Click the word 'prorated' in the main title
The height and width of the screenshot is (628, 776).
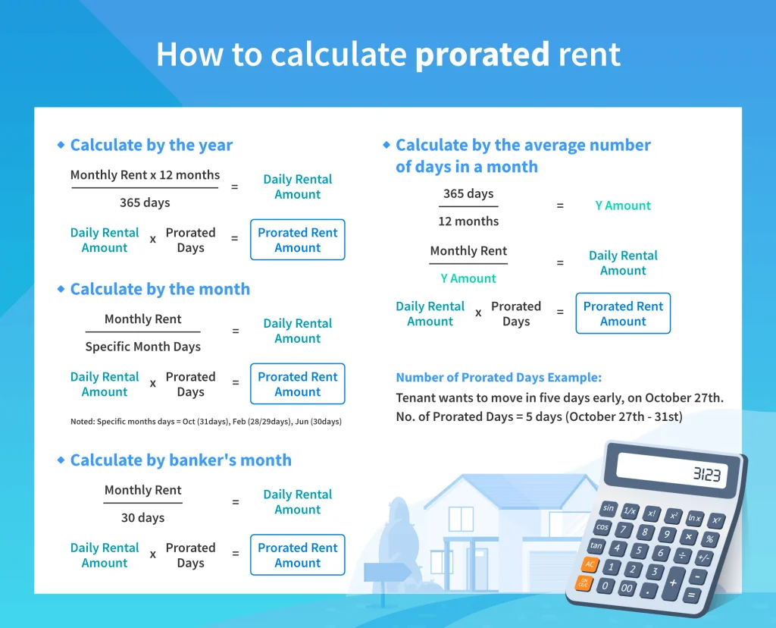tap(482, 55)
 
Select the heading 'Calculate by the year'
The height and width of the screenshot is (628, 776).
tap(151, 145)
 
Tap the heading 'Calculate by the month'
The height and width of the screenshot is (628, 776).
tap(159, 289)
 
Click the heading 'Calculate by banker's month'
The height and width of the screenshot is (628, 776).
tap(180, 460)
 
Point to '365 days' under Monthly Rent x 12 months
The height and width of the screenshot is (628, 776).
tap(145, 203)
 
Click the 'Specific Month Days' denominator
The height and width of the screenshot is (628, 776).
tap(142, 347)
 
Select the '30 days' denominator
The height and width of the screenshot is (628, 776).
tap(142, 518)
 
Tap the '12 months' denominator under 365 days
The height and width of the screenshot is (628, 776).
tap(468, 221)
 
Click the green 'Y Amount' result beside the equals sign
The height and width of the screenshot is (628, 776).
tap(623, 206)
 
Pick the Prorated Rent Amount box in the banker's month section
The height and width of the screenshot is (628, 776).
tap(297, 555)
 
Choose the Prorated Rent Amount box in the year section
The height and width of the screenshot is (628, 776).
tap(297, 240)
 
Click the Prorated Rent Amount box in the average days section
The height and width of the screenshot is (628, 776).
tap(623, 313)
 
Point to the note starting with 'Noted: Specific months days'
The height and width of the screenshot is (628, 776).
tap(205, 421)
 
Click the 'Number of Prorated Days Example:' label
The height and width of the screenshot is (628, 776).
tap(499, 378)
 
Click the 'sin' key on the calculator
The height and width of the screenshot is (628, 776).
tap(609, 507)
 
